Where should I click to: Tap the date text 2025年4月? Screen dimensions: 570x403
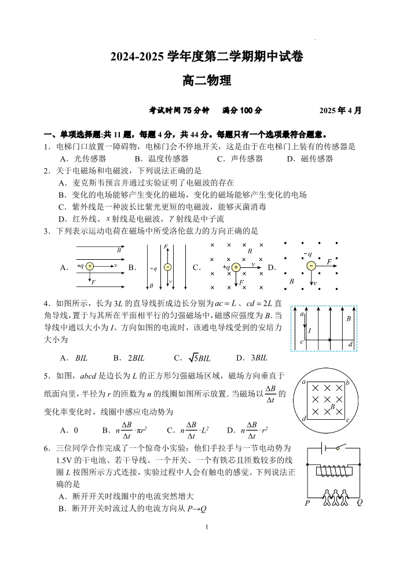pyautogui.click(x=340, y=110)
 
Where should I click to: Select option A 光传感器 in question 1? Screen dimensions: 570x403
pyautogui.click(x=83, y=158)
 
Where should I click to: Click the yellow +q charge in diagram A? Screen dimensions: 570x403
pyautogui.click(x=90, y=266)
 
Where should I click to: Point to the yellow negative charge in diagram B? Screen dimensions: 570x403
pyautogui.click(x=167, y=267)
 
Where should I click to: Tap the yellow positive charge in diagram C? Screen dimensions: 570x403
pyautogui.click(x=236, y=267)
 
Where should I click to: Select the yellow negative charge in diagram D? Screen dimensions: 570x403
pyautogui.click(x=311, y=266)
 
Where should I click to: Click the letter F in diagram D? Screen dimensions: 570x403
pyautogui.click(x=329, y=262)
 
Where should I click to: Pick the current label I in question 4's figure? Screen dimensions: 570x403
pyautogui.click(x=310, y=331)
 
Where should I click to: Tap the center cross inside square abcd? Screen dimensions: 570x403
pyautogui.click(x=327, y=400)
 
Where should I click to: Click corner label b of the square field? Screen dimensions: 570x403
pyautogui.click(x=347, y=383)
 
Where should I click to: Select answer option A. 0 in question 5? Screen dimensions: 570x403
pyautogui.click(x=69, y=430)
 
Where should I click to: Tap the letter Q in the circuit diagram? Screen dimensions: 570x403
pyautogui.click(x=360, y=503)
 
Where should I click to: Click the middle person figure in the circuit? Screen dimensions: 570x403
pyautogui.click(x=333, y=496)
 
